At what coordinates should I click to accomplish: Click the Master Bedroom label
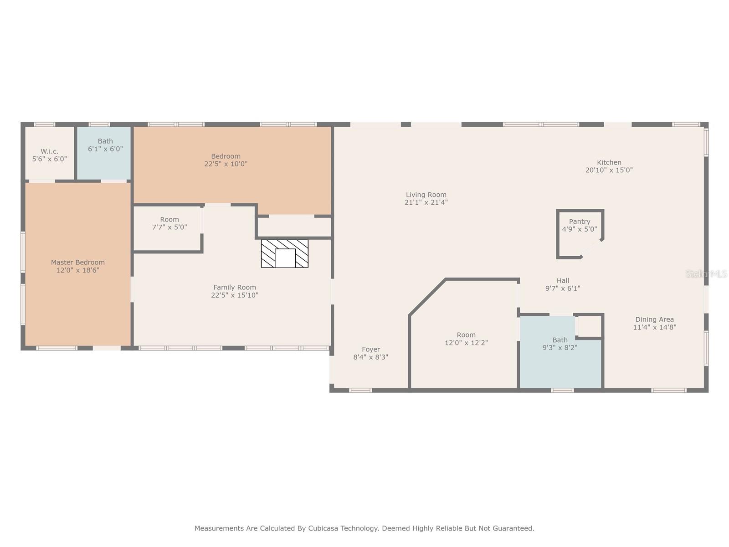pos(78,263)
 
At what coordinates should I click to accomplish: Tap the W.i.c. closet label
pos(50,151)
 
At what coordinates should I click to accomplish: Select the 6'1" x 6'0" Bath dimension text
pos(105,149)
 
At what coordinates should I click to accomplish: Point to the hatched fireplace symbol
pos(285,253)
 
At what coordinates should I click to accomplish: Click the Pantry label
pos(580,222)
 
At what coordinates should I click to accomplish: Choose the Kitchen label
pos(609,162)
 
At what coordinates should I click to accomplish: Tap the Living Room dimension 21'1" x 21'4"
pos(426,202)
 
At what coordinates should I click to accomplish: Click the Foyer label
pos(371,349)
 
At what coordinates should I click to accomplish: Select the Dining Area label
pos(655,320)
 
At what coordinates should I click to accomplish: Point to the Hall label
pos(563,281)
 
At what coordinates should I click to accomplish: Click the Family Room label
pos(235,288)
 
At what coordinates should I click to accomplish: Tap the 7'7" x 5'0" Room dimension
pos(169,227)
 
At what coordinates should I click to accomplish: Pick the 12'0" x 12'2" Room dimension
pos(466,343)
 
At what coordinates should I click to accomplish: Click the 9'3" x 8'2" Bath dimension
pos(560,348)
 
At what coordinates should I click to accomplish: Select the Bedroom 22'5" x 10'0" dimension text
pos(226,164)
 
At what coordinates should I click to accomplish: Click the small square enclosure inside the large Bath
pos(589,326)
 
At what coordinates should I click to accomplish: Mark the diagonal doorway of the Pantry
pos(592,248)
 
